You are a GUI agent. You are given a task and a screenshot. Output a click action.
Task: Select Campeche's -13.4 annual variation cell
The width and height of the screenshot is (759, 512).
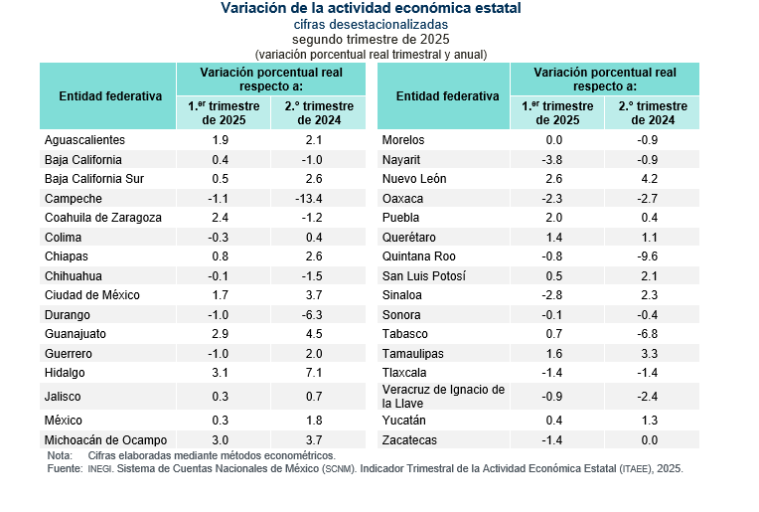tap(308, 199)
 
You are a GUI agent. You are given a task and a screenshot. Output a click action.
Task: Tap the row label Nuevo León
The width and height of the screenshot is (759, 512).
tap(414, 179)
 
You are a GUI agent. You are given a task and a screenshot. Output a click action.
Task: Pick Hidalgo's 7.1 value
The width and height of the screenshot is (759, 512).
tap(314, 373)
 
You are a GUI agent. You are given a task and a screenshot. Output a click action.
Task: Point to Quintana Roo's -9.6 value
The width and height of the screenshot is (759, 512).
tap(647, 256)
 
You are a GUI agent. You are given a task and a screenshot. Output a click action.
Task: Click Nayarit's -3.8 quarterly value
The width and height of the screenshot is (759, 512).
tap(551, 160)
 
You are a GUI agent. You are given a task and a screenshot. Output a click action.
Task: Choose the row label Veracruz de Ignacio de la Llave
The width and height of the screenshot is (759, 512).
tap(443, 397)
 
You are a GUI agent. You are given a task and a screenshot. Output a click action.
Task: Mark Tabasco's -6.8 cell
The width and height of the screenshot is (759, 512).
tap(647, 334)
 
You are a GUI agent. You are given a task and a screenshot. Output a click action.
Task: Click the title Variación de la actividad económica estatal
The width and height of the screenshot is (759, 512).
tap(371, 8)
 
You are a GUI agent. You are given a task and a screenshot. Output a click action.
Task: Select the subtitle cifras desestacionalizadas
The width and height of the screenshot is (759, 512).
tap(371, 24)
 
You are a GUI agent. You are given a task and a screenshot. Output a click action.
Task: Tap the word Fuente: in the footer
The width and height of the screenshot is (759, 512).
tap(65, 469)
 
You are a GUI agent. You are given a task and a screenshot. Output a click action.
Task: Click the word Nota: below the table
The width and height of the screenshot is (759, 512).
tap(60, 455)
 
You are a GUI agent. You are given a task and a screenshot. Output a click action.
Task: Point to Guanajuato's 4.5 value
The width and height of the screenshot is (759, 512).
tap(314, 334)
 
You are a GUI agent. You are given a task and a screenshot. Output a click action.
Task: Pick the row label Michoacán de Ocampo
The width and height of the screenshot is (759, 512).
tap(105, 440)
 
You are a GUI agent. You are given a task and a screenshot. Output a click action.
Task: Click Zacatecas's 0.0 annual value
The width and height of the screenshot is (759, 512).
tap(649, 440)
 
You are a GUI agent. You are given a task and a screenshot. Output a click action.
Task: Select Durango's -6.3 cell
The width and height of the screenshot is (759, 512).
tap(312, 315)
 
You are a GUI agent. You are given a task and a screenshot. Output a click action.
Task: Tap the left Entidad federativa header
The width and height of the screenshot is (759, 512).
tap(110, 96)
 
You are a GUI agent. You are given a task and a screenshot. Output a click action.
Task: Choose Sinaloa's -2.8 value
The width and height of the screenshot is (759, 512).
tap(551, 295)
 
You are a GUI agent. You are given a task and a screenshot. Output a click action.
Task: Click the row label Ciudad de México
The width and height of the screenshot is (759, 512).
tap(92, 295)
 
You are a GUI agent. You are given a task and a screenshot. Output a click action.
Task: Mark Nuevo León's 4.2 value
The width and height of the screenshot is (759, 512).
tap(649, 179)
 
